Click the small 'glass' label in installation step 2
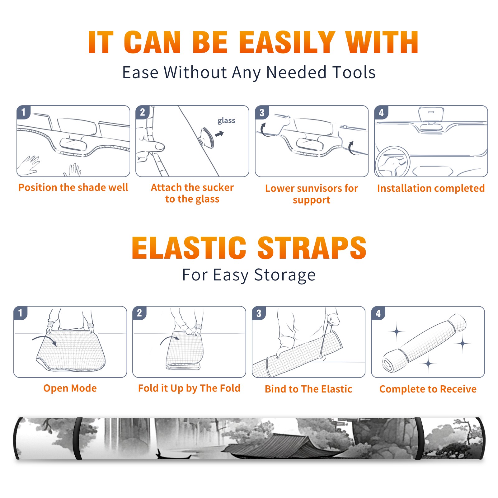[226, 121]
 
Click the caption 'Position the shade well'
[73, 187]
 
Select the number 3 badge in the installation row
[262, 112]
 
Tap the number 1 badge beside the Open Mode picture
[21, 313]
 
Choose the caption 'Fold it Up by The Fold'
[189, 388]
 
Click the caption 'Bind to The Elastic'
[308, 389]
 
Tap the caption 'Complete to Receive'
[428, 389]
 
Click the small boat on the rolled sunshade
[173, 455]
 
